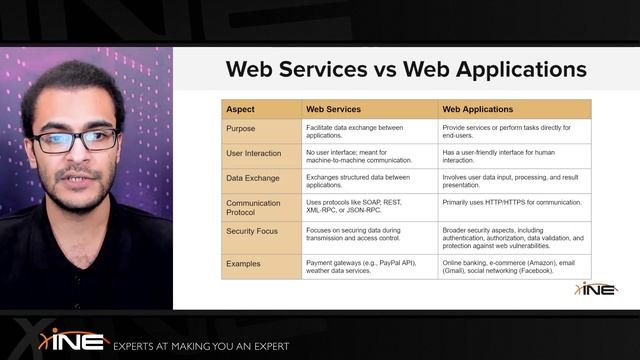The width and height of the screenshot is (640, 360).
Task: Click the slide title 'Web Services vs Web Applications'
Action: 406,69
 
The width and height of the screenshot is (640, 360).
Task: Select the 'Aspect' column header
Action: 240,109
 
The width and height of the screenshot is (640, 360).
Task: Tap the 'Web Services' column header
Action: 333,109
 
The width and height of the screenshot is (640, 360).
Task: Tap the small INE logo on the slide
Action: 596,288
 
